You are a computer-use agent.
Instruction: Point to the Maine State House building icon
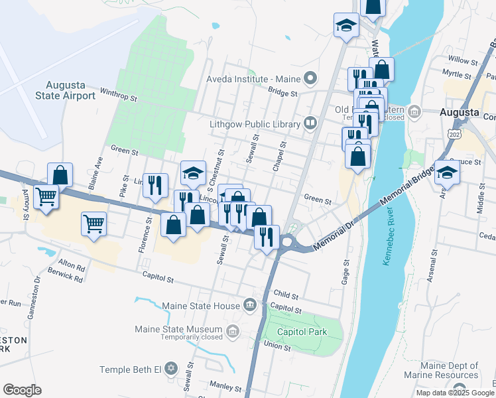[x=250, y=305]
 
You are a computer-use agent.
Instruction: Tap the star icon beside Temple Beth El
[x=171, y=368]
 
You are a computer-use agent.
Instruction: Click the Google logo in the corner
[x=22, y=390]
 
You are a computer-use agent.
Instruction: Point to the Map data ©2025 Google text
[x=455, y=393]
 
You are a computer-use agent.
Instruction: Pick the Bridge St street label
[x=282, y=94]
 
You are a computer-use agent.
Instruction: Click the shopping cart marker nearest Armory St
[x=46, y=197]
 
